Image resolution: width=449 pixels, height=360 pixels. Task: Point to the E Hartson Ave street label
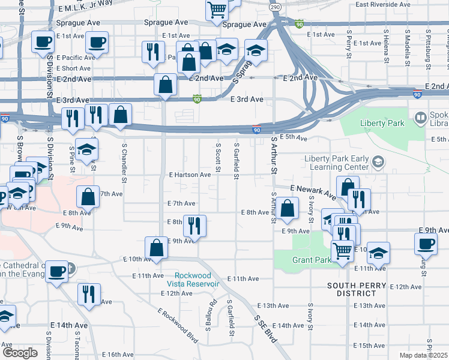(x=190, y=175)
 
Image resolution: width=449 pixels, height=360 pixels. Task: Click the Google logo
(x=19, y=353)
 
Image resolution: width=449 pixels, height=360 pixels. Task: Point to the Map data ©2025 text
(x=424, y=355)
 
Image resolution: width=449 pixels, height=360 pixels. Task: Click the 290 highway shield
(x=274, y=6)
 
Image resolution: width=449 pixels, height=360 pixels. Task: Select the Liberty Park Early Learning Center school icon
(x=378, y=162)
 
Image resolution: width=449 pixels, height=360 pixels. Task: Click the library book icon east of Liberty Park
(x=420, y=117)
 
